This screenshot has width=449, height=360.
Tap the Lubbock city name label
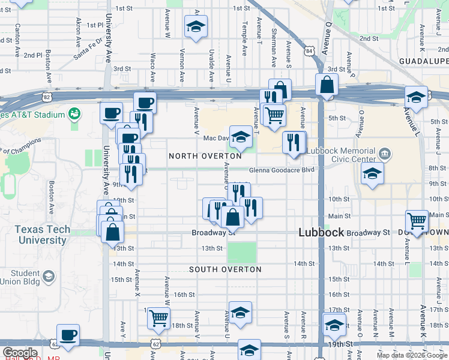[322, 232]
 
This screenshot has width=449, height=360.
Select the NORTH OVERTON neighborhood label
[205, 156]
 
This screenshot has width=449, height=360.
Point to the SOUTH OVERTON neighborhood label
[225, 269]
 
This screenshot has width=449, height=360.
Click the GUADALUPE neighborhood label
[424, 62]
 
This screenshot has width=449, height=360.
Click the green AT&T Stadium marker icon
[75, 113]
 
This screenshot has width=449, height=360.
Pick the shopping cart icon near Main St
[417, 220]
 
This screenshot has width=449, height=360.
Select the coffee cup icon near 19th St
[68, 334]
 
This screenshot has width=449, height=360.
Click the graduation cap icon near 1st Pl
[196, 26]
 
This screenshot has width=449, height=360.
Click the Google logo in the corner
[20, 352]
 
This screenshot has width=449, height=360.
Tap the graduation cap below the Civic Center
[373, 173]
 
